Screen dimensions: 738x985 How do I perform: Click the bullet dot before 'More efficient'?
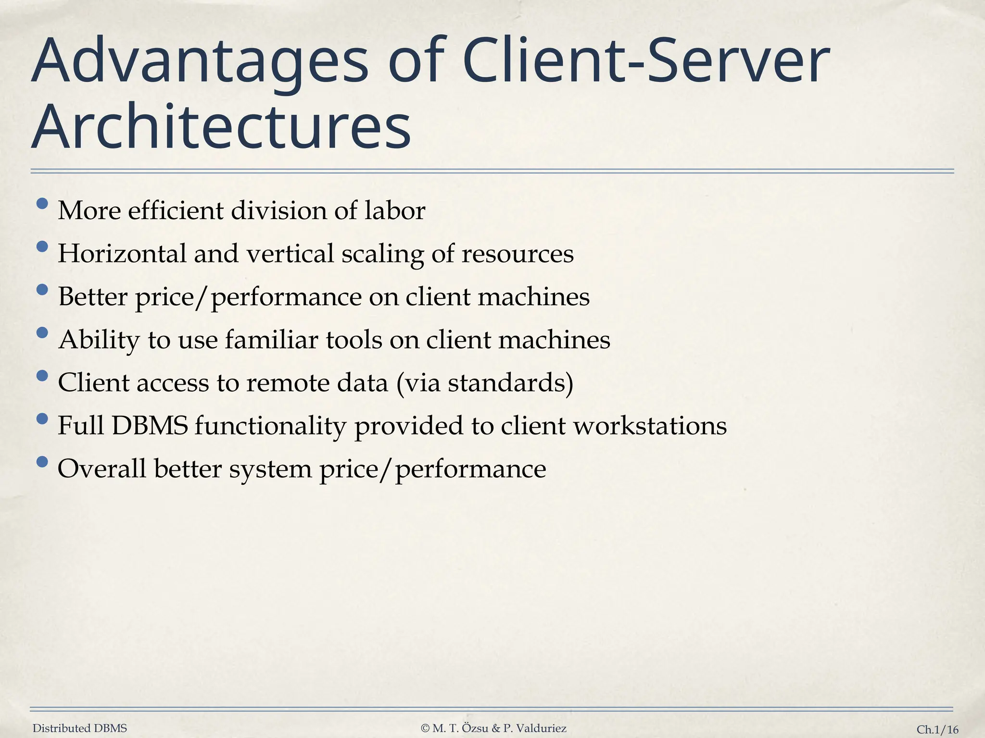pyautogui.click(x=42, y=204)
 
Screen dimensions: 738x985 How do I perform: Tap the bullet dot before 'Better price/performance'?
pyautogui.click(x=42, y=290)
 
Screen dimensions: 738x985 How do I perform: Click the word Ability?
pyautogui.click(x=99, y=340)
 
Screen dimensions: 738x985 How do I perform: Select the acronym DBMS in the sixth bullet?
pyautogui.click(x=150, y=425)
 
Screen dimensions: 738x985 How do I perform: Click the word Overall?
pyautogui.click(x=101, y=468)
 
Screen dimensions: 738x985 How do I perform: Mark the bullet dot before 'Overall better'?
pyautogui.click(x=42, y=462)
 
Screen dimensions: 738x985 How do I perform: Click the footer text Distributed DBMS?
pyautogui.click(x=80, y=728)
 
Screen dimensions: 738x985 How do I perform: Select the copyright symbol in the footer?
pyautogui.click(x=425, y=728)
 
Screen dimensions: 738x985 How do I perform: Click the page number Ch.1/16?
pyautogui.click(x=937, y=730)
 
